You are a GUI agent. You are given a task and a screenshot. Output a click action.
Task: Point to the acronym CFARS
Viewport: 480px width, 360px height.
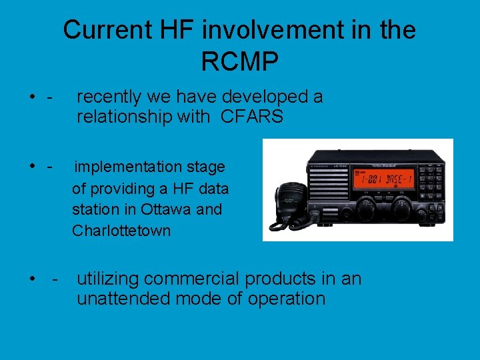251,117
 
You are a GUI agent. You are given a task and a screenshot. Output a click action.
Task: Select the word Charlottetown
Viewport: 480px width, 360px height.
121,231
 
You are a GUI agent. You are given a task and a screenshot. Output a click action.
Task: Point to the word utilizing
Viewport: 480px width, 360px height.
107,278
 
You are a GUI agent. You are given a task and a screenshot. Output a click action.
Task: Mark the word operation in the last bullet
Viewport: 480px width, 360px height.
286,299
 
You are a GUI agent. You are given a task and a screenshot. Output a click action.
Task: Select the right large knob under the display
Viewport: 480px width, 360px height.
402,207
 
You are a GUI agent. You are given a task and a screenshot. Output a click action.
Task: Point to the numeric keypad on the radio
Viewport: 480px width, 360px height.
431,179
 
